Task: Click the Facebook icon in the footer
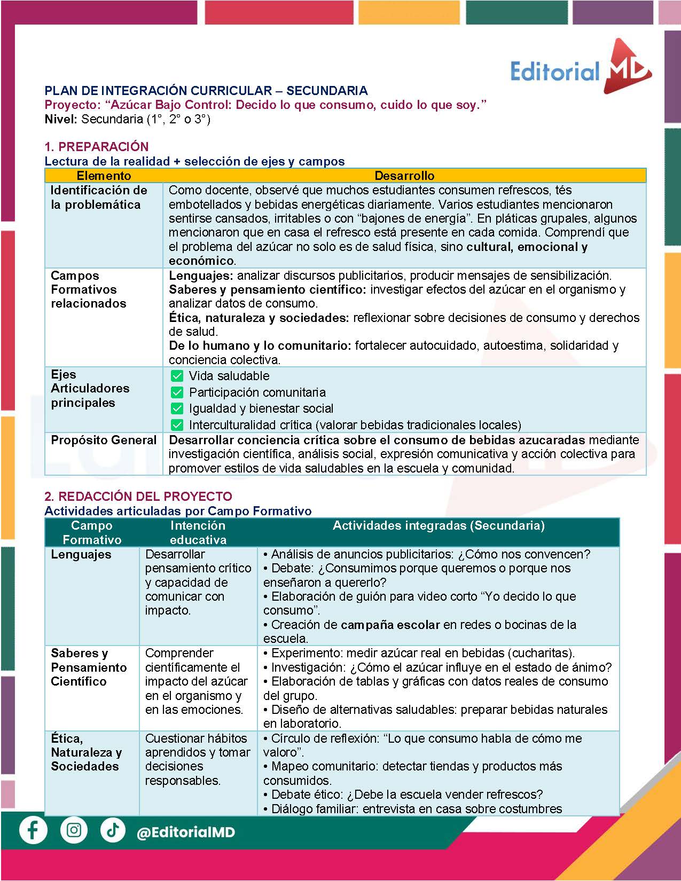tap(33, 831)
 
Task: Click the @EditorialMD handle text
tap(186, 832)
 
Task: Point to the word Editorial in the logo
tap(555, 71)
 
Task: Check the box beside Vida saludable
tap(177, 376)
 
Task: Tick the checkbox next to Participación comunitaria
tap(177, 392)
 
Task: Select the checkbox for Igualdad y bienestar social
tap(177, 408)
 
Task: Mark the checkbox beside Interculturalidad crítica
tap(177, 425)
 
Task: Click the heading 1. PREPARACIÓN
tap(96, 146)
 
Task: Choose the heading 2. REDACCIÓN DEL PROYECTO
tap(138, 496)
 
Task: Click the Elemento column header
tap(104, 176)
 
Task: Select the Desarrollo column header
tap(404, 176)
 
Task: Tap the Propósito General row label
tap(104, 440)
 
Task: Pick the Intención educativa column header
tap(198, 532)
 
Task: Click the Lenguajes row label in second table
tap(81, 554)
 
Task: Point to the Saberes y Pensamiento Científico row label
tap(89, 667)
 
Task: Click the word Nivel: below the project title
tap(61, 119)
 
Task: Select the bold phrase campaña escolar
tap(390, 625)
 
